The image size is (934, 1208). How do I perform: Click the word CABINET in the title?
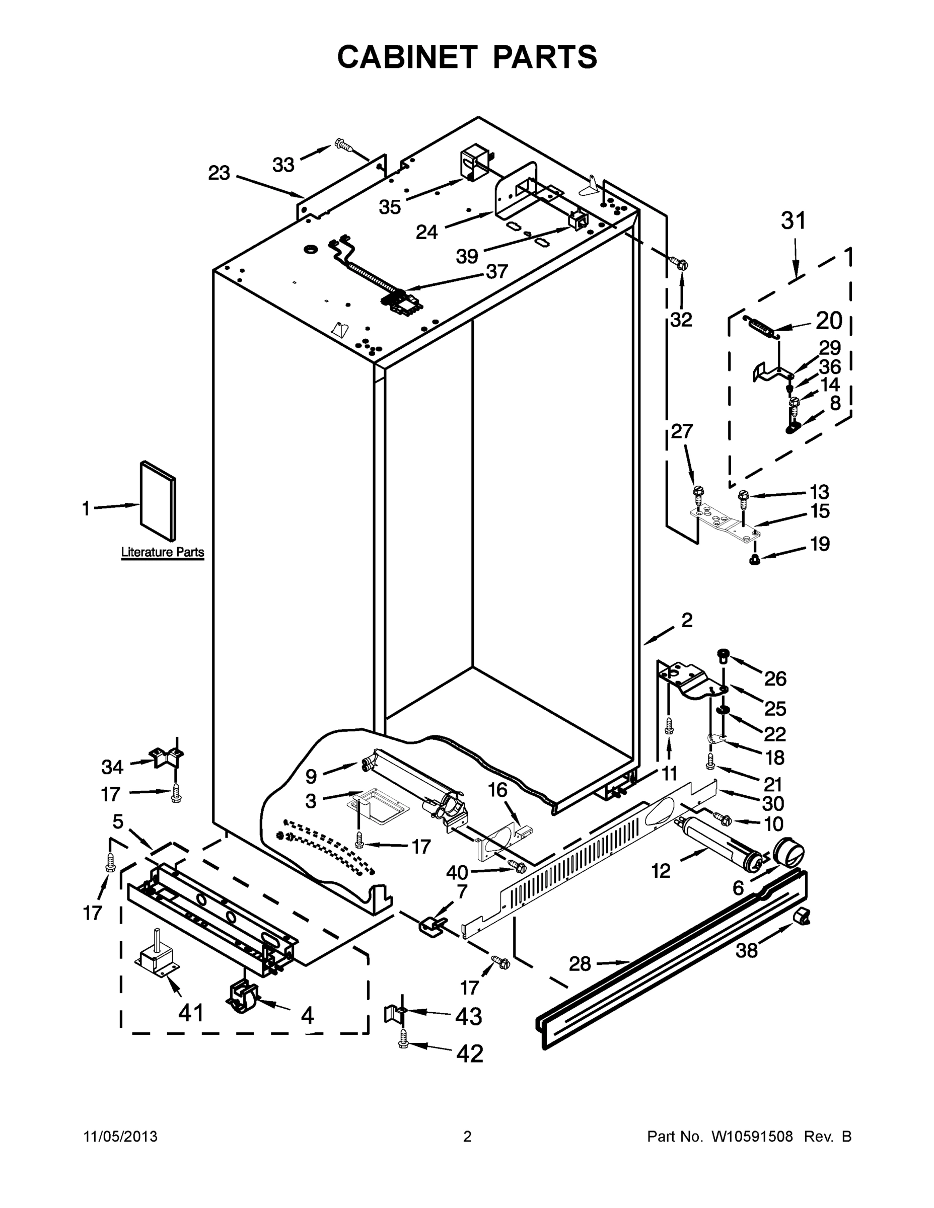coord(407,57)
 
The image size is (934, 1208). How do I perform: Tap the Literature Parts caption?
coord(162,552)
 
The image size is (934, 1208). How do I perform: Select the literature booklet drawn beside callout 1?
coord(158,501)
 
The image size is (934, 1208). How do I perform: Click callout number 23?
coord(219,173)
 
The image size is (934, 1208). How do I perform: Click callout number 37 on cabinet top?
coord(496,272)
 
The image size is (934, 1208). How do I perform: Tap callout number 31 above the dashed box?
coord(793,220)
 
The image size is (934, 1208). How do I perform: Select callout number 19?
coord(820,544)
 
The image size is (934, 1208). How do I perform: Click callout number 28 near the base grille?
coord(580,964)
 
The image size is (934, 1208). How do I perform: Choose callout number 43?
coord(468,1016)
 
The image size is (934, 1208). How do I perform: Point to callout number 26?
coord(775,678)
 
